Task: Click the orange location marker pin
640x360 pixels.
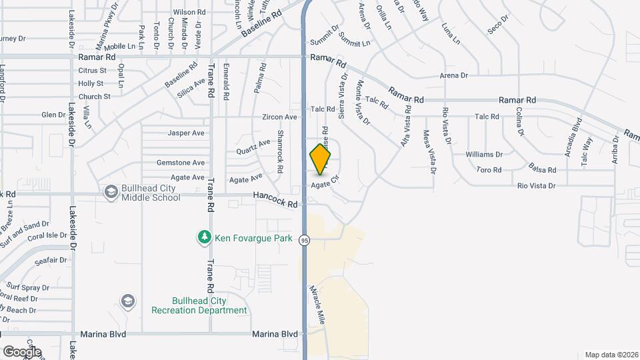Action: point(321,159)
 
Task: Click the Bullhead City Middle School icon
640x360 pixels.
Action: point(111,193)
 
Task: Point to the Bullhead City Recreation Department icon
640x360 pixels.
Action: point(126,302)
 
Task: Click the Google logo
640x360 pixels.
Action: point(21,352)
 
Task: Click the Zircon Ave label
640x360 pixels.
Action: point(279,117)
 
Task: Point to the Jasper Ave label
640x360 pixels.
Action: point(186,133)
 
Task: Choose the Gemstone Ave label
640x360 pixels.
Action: point(180,163)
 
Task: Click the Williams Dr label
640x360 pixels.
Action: point(484,154)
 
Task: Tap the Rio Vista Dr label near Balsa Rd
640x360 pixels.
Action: point(536,185)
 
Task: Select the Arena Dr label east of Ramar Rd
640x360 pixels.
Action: point(454,75)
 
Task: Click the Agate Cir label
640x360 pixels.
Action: point(326,183)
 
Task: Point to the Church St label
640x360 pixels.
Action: point(94,97)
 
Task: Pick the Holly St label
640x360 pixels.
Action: point(91,83)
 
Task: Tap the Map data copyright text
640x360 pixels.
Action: point(611,355)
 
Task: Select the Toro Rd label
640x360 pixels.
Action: point(489,170)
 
